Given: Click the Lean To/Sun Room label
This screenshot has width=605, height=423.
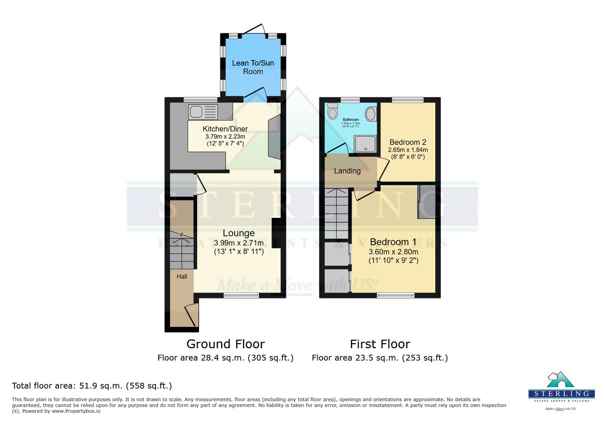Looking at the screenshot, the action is coord(253,67).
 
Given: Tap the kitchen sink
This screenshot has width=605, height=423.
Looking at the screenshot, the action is coord(203,112).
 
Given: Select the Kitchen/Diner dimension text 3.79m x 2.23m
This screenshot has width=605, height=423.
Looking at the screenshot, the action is coord(225,136).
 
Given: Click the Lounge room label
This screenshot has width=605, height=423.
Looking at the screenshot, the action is coord(239,233).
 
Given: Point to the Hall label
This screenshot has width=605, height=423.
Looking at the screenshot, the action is coord(181,276).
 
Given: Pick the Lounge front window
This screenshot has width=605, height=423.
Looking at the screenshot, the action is coord(241,295).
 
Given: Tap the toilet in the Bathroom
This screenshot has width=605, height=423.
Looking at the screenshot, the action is coord(333,111).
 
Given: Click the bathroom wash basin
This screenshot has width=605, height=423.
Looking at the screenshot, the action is coord(370,114).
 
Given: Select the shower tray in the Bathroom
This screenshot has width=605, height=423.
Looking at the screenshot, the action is coord(365,144).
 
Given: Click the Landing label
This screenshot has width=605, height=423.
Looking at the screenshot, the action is coord(347,171).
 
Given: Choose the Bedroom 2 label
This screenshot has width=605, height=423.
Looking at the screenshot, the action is coord(408,142).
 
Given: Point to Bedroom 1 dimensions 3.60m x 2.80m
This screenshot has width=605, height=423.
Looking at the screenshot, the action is coord(393,252).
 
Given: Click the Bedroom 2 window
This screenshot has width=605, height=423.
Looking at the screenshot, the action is coord(408,100).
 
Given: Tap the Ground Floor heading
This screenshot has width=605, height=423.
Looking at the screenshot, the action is coord(225,344).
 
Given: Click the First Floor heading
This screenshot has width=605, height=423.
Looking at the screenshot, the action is coord(380,344).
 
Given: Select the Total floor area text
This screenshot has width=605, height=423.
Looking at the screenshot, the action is coord(92,385).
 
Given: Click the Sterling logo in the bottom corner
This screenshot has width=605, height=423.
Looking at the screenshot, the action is coord(561,390).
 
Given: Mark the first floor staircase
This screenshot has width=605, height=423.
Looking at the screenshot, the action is coord(336,213).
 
